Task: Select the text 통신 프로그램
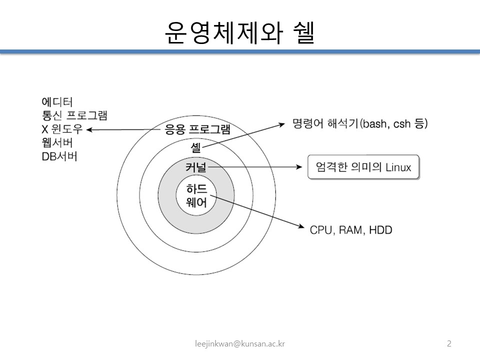click(x=74, y=116)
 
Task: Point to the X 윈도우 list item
click(x=62, y=129)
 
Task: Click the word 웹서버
click(x=56, y=142)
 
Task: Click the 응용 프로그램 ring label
click(x=197, y=130)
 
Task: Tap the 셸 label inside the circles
click(x=196, y=147)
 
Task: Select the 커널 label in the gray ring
click(x=196, y=167)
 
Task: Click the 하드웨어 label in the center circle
click(x=196, y=196)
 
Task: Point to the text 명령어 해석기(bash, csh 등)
click(x=360, y=124)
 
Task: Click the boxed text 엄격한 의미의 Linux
click(x=363, y=167)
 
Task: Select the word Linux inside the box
click(x=398, y=167)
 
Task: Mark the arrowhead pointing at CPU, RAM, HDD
click(x=300, y=227)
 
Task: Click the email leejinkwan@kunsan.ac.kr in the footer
click(x=240, y=343)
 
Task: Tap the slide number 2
click(x=449, y=343)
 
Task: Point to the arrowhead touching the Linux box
click(x=301, y=167)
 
